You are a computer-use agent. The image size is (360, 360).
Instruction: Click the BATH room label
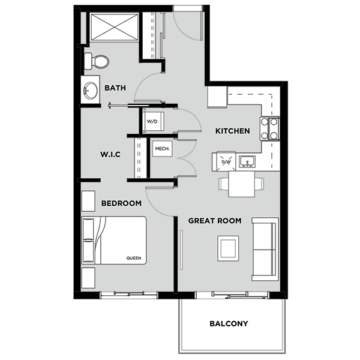[x=115, y=88]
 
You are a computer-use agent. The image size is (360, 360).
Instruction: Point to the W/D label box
[x=152, y=122]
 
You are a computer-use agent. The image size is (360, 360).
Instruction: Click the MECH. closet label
[x=160, y=148]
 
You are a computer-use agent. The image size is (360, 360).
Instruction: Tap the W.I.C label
[x=110, y=154]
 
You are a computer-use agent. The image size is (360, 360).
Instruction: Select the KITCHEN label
[x=232, y=131]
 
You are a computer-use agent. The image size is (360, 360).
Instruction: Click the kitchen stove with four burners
[x=270, y=127]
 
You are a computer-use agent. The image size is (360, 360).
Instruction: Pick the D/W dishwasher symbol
[x=226, y=161]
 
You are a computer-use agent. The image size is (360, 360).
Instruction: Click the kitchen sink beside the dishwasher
[x=246, y=161]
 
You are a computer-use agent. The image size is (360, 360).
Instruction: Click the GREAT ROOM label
[x=215, y=221]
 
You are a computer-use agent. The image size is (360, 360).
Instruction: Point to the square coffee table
[x=228, y=248]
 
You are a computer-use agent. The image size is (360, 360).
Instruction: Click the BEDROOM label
[x=121, y=203]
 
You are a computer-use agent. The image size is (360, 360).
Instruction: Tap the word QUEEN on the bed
[x=133, y=259]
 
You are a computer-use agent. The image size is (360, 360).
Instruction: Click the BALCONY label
[x=229, y=324]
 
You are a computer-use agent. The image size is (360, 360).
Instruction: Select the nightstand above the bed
[x=88, y=200]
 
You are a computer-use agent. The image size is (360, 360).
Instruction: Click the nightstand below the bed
[x=88, y=278]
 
